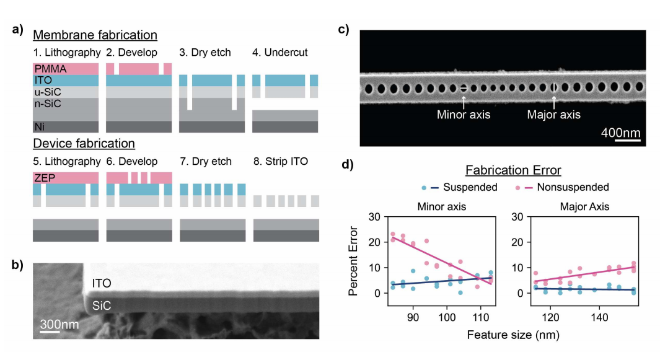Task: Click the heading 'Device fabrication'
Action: (x=84, y=144)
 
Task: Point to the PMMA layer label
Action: (x=47, y=68)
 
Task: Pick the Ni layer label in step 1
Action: (x=39, y=126)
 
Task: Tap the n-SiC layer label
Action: (x=47, y=103)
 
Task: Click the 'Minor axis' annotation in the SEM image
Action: (x=464, y=115)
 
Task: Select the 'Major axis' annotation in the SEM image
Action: (x=553, y=115)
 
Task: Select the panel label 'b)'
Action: (x=17, y=264)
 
